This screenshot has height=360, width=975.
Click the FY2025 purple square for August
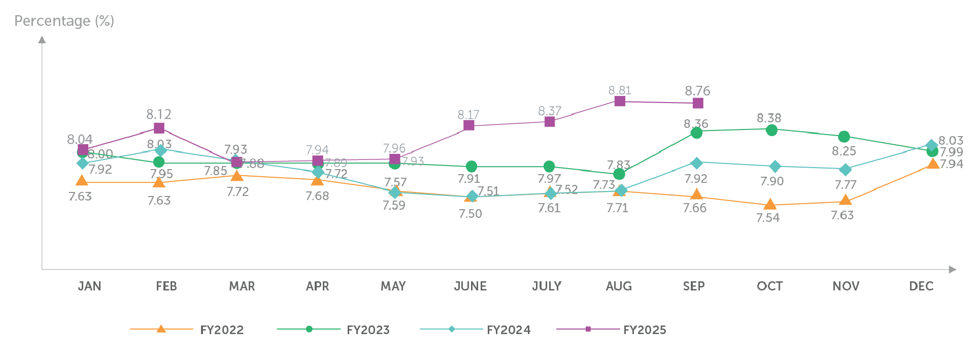click(x=620, y=101)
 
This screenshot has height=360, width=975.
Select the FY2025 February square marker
click(x=159, y=128)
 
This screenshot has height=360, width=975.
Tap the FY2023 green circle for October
click(x=771, y=130)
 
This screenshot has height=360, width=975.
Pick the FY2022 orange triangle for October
click(x=770, y=205)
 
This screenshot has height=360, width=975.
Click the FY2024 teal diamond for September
click(x=697, y=163)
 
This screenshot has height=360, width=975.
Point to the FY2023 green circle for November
click(x=844, y=137)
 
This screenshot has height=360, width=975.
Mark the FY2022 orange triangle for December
click(x=933, y=163)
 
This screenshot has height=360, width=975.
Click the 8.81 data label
click(x=620, y=90)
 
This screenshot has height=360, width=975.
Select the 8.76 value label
click(x=697, y=91)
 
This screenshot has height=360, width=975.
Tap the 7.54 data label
click(x=768, y=218)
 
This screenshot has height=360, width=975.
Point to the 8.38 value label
click(x=769, y=118)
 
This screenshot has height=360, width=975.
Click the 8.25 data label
click(x=844, y=151)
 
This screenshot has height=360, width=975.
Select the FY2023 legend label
click(x=368, y=330)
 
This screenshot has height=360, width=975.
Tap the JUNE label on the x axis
click(x=470, y=286)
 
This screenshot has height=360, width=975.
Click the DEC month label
click(x=921, y=286)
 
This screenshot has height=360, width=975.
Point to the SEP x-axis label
click(x=694, y=286)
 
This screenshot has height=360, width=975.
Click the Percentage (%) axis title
click(x=64, y=21)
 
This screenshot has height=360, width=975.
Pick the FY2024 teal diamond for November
click(x=845, y=169)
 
